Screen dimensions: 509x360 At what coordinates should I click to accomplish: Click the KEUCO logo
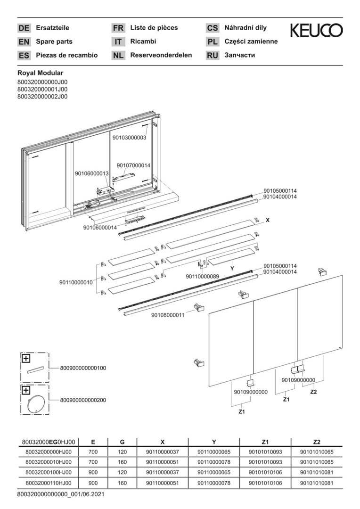pyautogui.click(x=316, y=31)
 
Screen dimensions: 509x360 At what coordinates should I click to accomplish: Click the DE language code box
pyautogui.click(x=24, y=28)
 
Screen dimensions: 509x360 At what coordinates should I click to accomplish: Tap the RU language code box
pyautogui.click(x=213, y=56)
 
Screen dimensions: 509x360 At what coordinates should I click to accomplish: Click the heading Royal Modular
pyautogui.click(x=40, y=73)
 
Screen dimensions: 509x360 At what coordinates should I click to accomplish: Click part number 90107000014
pyautogui.click(x=133, y=165)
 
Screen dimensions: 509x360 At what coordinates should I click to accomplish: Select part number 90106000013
pyautogui.click(x=92, y=173)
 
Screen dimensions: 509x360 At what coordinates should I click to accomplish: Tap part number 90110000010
pyautogui.click(x=76, y=282)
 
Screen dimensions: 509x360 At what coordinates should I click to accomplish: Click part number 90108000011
pyautogui.click(x=167, y=314)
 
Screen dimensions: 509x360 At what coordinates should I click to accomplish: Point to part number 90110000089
pyautogui.click(x=203, y=276)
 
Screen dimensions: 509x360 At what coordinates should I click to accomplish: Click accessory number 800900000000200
pyautogui.click(x=83, y=400)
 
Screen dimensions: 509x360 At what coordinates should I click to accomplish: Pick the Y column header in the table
pyautogui.click(x=214, y=442)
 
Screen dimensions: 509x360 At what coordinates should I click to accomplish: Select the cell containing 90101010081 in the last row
pyautogui.click(x=316, y=483)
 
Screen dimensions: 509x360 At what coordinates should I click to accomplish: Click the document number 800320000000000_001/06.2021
pyautogui.click(x=60, y=495)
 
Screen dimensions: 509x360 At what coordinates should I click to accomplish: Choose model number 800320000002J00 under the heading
pyautogui.click(x=42, y=96)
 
